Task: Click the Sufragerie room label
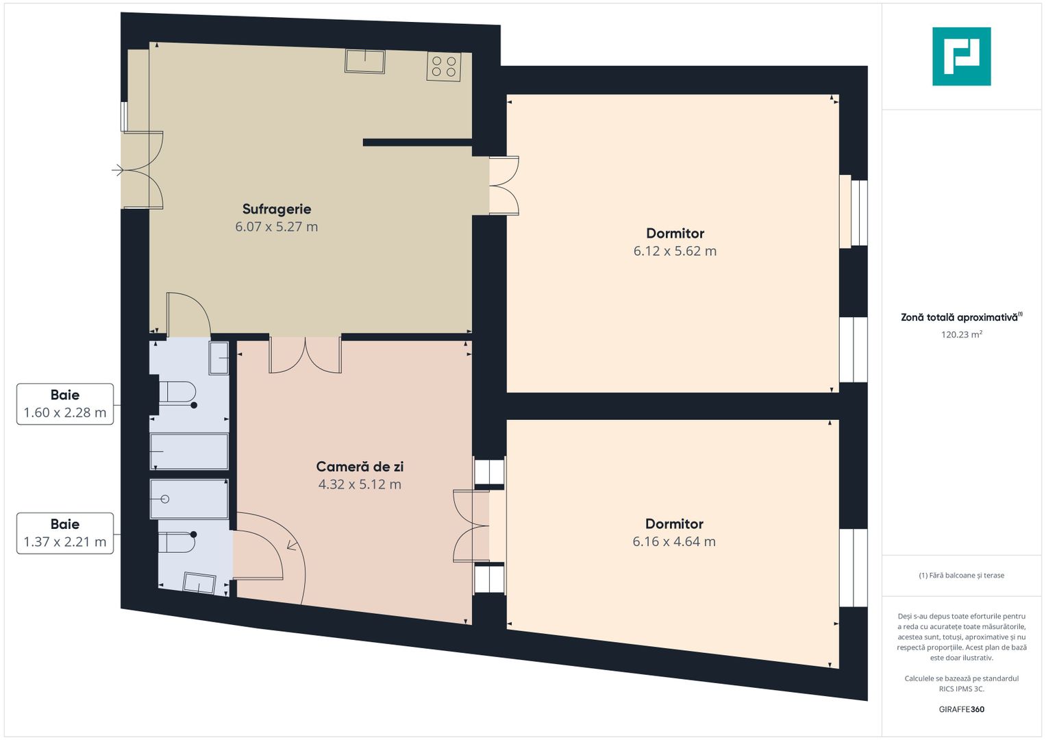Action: (277, 209)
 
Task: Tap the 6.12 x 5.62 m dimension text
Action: (675, 251)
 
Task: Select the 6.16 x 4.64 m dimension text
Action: (674, 541)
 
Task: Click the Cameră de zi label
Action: (360, 466)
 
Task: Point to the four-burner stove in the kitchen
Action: (444, 66)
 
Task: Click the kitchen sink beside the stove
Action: (364, 61)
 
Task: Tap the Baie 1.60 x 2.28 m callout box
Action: (65, 404)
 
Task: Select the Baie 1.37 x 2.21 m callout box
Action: (65, 534)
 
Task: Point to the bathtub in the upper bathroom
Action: (189, 452)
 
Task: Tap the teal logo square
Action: (962, 56)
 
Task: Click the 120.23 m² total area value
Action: (962, 334)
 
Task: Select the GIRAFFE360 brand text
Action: (962, 709)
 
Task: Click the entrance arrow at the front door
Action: (118, 170)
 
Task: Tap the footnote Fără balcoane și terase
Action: (962, 576)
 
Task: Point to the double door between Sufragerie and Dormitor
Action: (504, 186)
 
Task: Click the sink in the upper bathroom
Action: (219, 358)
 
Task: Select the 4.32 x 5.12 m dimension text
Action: (360, 484)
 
